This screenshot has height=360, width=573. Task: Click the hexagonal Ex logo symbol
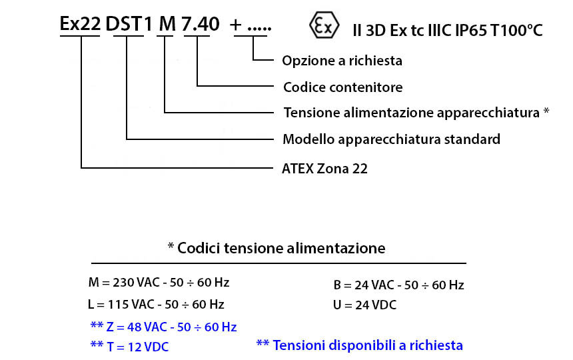324,25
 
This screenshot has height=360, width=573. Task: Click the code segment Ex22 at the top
80,24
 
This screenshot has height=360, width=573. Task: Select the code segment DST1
129,24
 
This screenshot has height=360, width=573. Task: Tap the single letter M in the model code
167,24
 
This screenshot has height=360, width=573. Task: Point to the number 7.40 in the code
201,24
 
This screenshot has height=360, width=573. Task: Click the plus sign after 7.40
236,25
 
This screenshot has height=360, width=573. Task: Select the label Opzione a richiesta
342,61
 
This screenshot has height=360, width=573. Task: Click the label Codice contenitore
342,87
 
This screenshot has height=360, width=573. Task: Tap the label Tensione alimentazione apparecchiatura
412,113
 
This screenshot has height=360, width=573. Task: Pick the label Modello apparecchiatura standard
391,139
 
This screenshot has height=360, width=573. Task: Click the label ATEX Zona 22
324,169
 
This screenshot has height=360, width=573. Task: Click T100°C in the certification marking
516,31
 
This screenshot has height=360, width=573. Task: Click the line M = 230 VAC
159,283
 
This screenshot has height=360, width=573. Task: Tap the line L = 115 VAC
156,305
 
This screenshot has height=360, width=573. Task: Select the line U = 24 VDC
364,305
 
